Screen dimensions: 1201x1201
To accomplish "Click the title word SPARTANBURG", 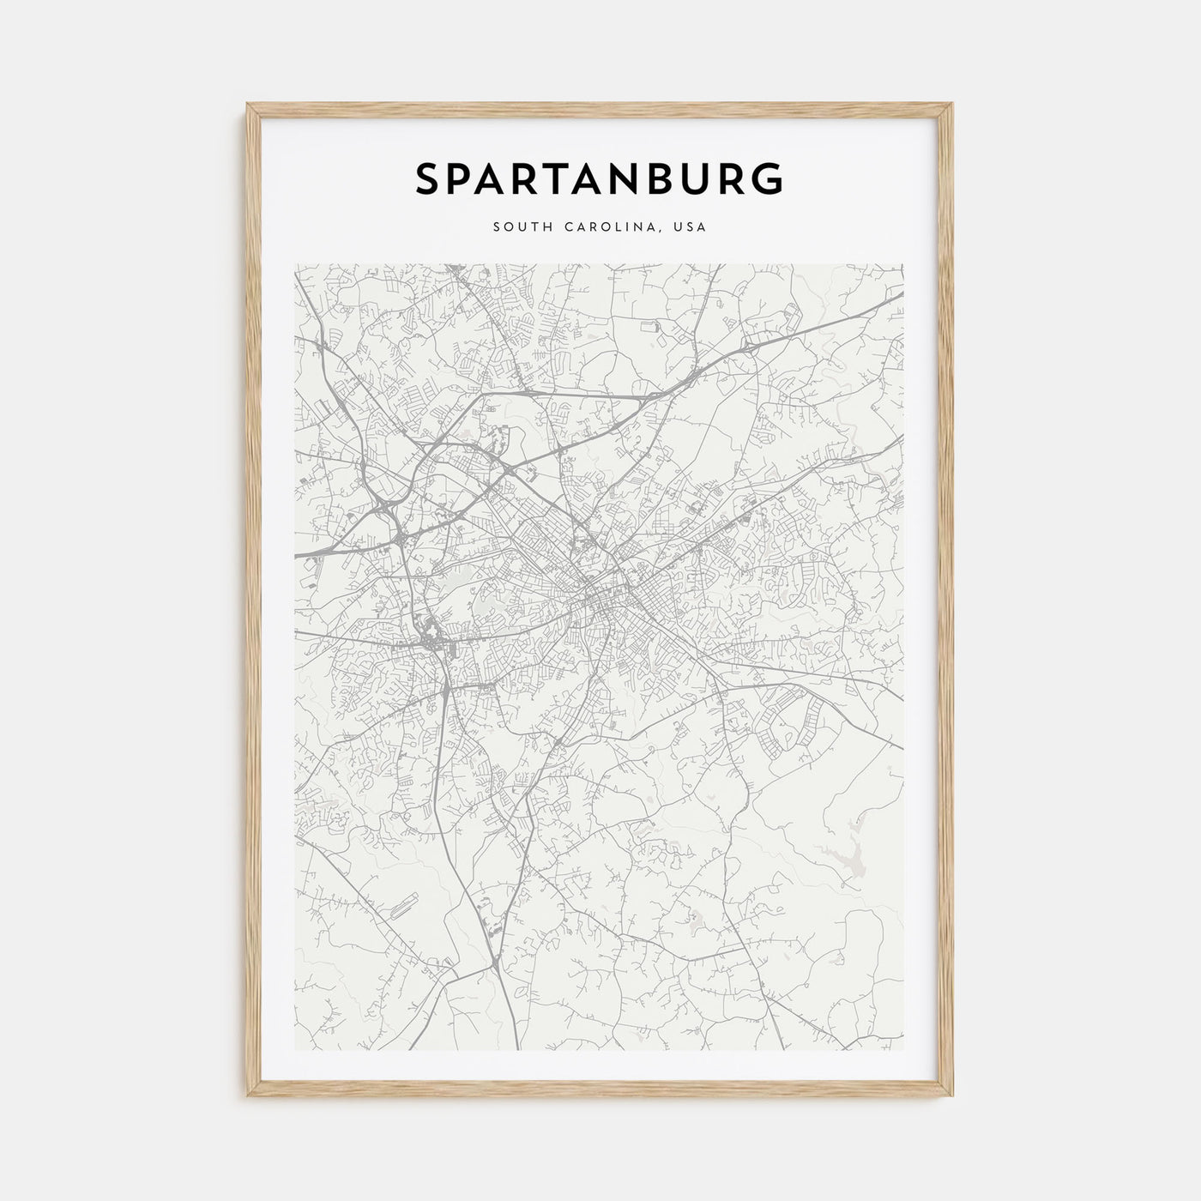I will pos(600,179).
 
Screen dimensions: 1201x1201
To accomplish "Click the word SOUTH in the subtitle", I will pos(519,227).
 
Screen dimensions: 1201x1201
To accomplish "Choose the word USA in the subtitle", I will pos(691,227).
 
